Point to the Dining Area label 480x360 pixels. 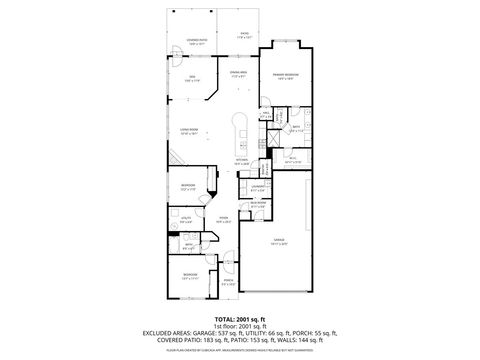click(238, 73)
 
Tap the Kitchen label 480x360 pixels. click(241, 160)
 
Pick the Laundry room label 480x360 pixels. click(257, 187)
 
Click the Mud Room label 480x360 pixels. click(258, 206)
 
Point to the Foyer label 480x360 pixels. click(225, 220)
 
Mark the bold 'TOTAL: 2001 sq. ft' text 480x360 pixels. click(239, 318)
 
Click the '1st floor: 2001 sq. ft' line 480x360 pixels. click(239, 326)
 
